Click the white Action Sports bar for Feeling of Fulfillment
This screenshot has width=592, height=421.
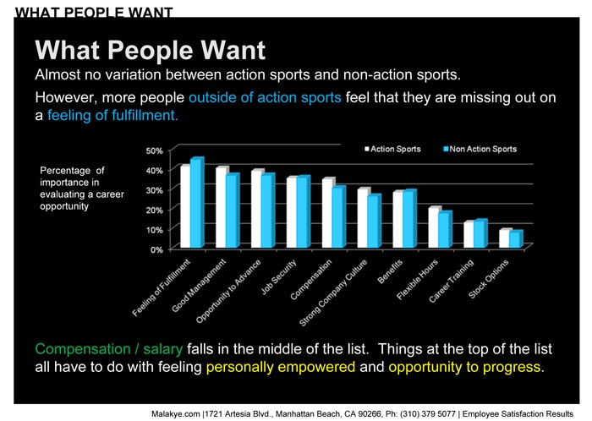185,206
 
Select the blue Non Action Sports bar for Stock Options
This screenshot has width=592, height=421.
516,239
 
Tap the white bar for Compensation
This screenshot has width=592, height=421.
327,213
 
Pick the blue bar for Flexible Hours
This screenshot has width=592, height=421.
445,230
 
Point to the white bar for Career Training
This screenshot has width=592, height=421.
469,234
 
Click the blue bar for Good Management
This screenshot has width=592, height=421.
233,210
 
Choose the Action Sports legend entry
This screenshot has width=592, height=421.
392,149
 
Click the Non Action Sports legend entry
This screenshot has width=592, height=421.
480,149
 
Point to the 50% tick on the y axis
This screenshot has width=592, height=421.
155,150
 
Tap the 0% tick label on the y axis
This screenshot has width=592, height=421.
156,249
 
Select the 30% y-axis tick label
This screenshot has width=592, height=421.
155,190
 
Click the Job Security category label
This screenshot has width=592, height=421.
278,277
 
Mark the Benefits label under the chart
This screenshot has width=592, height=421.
390,271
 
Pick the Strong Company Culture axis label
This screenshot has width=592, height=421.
333,293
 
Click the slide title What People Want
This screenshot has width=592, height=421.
151,50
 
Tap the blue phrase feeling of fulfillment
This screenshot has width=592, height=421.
112,115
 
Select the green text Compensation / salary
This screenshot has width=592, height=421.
109,349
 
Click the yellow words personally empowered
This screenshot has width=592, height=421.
281,367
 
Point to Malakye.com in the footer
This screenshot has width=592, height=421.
176,414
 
